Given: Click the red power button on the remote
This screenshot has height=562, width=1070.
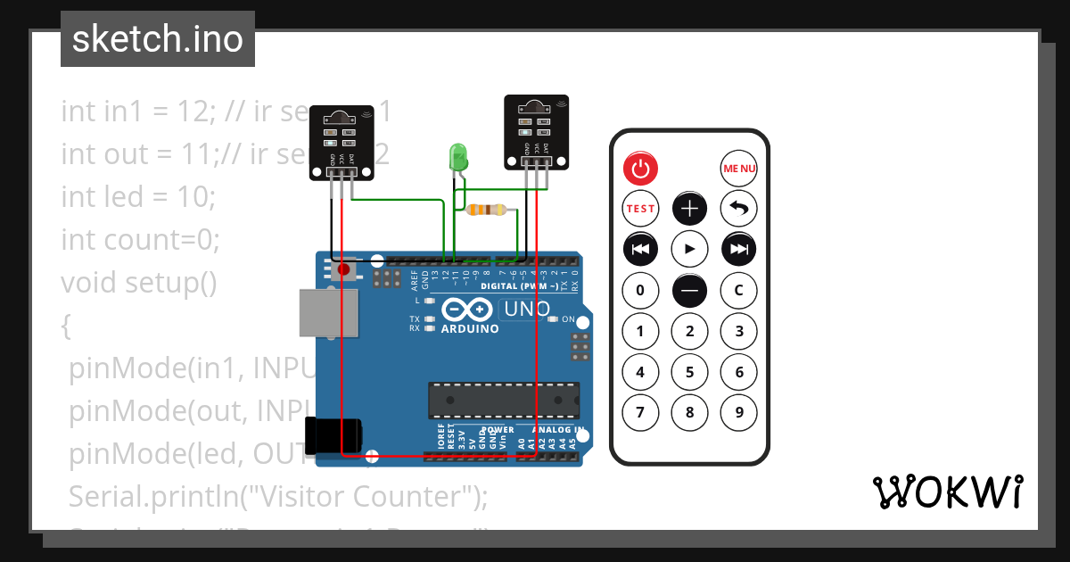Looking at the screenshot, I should click(640, 168).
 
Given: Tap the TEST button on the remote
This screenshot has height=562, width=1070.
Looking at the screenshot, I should click(640, 209).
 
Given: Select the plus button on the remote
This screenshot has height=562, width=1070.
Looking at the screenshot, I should click(689, 209).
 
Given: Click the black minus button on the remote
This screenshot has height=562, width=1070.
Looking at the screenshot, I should click(689, 290).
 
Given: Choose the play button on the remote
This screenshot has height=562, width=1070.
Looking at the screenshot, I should click(689, 249).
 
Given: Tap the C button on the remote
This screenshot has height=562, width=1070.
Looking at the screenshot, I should click(738, 290).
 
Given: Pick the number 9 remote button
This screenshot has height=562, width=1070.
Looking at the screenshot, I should click(738, 412).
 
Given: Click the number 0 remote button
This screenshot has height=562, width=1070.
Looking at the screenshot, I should click(640, 290).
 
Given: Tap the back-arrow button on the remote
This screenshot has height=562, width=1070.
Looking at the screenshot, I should click(738, 209).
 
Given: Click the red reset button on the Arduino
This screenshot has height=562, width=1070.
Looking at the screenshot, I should click(343, 269).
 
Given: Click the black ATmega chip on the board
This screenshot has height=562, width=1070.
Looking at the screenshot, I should click(504, 401).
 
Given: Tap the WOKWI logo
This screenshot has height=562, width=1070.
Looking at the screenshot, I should click(947, 492).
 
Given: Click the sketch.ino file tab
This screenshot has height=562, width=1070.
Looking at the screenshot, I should click(158, 39).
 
